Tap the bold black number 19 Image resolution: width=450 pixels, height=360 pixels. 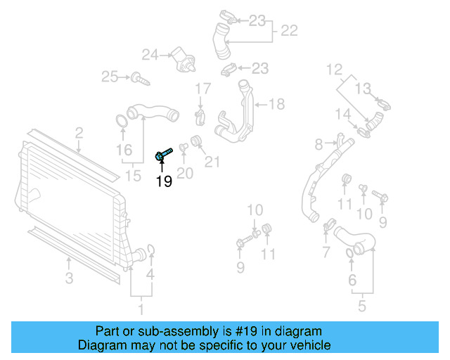click(x=163, y=182)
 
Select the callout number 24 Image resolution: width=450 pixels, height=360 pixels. click(x=150, y=54)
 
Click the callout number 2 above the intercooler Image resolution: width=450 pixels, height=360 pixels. click(x=79, y=132)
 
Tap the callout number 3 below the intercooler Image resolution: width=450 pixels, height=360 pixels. click(x=69, y=278)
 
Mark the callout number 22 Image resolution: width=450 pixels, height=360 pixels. click(x=289, y=30)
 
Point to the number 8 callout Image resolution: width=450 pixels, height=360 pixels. click(x=319, y=144)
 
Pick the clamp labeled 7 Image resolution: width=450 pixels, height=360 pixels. click(x=328, y=226)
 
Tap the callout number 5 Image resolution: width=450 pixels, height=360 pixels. click(x=361, y=307)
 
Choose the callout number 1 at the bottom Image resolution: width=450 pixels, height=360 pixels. click(x=141, y=308)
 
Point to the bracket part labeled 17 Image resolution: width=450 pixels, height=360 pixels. click(x=201, y=114)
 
